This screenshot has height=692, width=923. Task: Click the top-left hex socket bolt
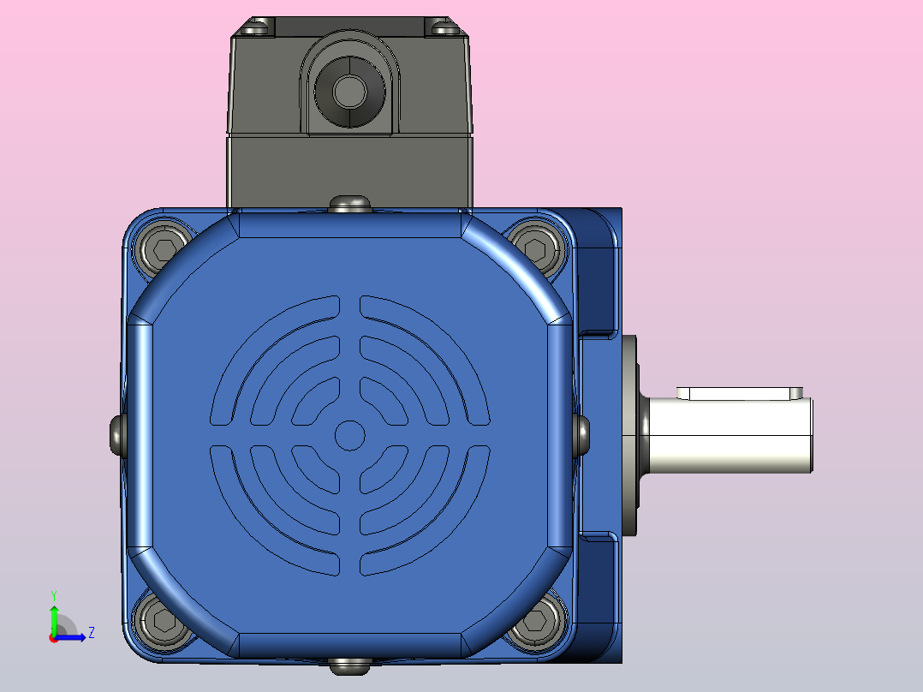162,248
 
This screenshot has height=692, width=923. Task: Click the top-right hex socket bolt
536,248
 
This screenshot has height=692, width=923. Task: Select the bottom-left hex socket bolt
163,621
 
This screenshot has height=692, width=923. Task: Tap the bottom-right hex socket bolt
536,621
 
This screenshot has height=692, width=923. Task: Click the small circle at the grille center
349,435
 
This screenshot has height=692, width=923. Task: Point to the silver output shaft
729,435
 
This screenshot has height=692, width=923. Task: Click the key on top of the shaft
740,393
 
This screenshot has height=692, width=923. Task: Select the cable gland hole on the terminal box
349,92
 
